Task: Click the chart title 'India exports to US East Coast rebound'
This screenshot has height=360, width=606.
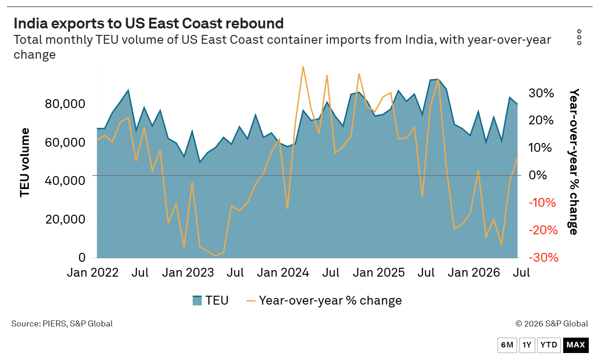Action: pyautogui.click(x=148, y=23)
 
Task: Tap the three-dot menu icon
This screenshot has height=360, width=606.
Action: pyautogui.click(x=579, y=37)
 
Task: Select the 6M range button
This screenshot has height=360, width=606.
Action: pyautogui.click(x=507, y=345)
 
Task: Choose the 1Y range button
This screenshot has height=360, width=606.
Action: pyautogui.click(x=527, y=345)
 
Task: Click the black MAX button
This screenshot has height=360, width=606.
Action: pyautogui.click(x=576, y=345)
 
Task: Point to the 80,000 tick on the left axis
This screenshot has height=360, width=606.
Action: pyautogui.click(x=65, y=104)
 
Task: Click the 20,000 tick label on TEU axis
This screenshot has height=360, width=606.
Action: pyautogui.click(x=65, y=219)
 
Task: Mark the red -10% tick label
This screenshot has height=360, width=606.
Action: pyautogui.click(x=542, y=203)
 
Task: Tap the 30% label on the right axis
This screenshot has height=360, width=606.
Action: pyautogui.click(x=541, y=93)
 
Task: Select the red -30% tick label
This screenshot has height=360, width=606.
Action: pyautogui.click(x=544, y=258)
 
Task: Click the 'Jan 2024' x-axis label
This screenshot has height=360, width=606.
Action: pyautogui.click(x=283, y=272)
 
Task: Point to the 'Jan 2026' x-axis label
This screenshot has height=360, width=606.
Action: pyautogui.click(x=474, y=272)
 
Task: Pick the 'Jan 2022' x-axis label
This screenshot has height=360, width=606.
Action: pyautogui.click(x=93, y=272)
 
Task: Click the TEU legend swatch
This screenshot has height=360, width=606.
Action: pyautogui.click(x=197, y=300)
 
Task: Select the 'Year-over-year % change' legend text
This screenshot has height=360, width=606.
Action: pyautogui.click(x=330, y=300)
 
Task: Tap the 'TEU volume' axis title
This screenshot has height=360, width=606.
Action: pyautogui.click(x=24, y=163)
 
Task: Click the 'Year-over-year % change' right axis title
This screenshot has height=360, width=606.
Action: pyautogui.click(x=574, y=162)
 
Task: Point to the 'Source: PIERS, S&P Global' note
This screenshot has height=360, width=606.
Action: pyautogui.click(x=62, y=324)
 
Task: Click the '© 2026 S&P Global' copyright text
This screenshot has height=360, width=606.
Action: pyautogui.click(x=552, y=324)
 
